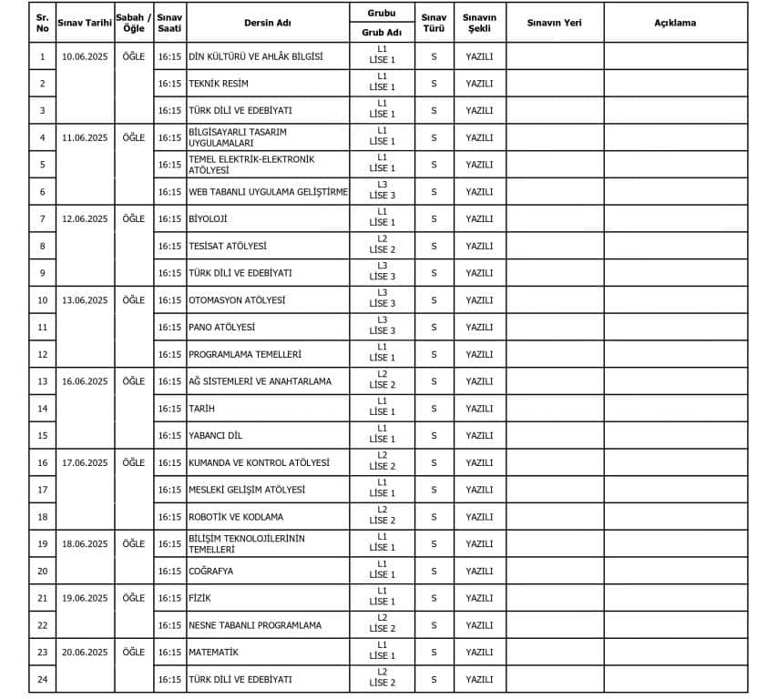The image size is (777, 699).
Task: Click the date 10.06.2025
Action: coord(85,56)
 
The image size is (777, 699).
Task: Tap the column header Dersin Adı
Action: coord(267,23)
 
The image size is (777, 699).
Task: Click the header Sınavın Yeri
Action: coord(554,23)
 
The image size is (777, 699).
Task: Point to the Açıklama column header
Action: coord(675,23)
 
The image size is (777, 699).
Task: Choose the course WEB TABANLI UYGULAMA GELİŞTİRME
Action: coord(268,192)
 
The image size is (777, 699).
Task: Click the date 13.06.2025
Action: coord(85,300)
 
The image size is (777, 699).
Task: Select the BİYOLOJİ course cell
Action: coord(208,219)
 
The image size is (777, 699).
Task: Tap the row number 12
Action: coord(42,355)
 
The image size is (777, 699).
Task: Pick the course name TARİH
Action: coord(201,409)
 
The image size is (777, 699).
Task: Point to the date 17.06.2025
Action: coord(85,462)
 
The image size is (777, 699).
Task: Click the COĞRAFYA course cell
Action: coord(210,572)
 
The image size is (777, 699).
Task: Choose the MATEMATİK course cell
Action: coord(213,653)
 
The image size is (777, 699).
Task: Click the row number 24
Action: coord(42,680)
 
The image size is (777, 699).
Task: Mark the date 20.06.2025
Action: coord(85,653)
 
